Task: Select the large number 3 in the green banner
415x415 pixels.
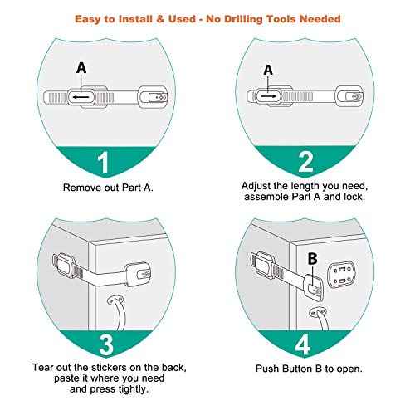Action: (x=104, y=344)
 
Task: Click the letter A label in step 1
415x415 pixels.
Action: (x=81, y=68)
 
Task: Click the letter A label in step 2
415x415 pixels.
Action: (x=268, y=71)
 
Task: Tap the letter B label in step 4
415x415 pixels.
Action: (x=314, y=258)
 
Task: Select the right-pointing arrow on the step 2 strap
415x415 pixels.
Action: (x=268, y=97)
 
